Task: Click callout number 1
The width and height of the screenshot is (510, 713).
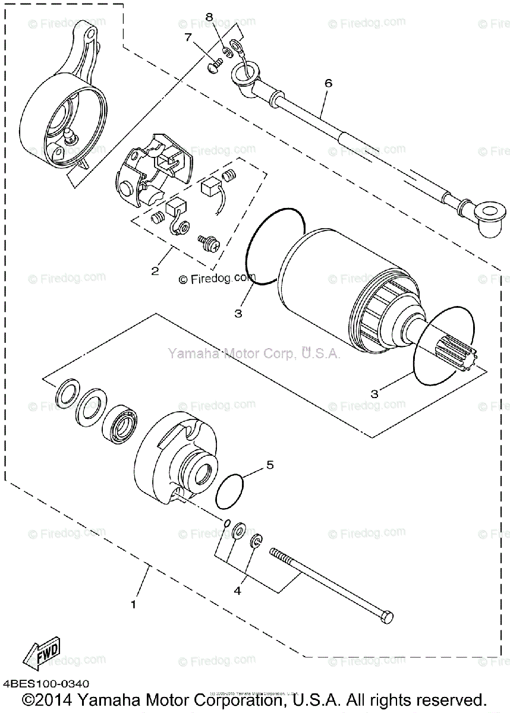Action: [134, 605]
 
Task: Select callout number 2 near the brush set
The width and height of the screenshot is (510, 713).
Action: [155, 271]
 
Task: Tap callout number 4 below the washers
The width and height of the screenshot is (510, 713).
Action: [237, 591]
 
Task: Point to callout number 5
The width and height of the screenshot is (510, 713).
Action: [270, 465]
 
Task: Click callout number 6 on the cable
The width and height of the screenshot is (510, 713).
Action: [328, 83]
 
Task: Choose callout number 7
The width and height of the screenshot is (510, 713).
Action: [188, 38]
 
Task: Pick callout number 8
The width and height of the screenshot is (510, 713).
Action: [209, 17]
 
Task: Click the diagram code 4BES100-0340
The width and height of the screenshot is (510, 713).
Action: [46, 684]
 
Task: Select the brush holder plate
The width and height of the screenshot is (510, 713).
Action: [149, 172]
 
